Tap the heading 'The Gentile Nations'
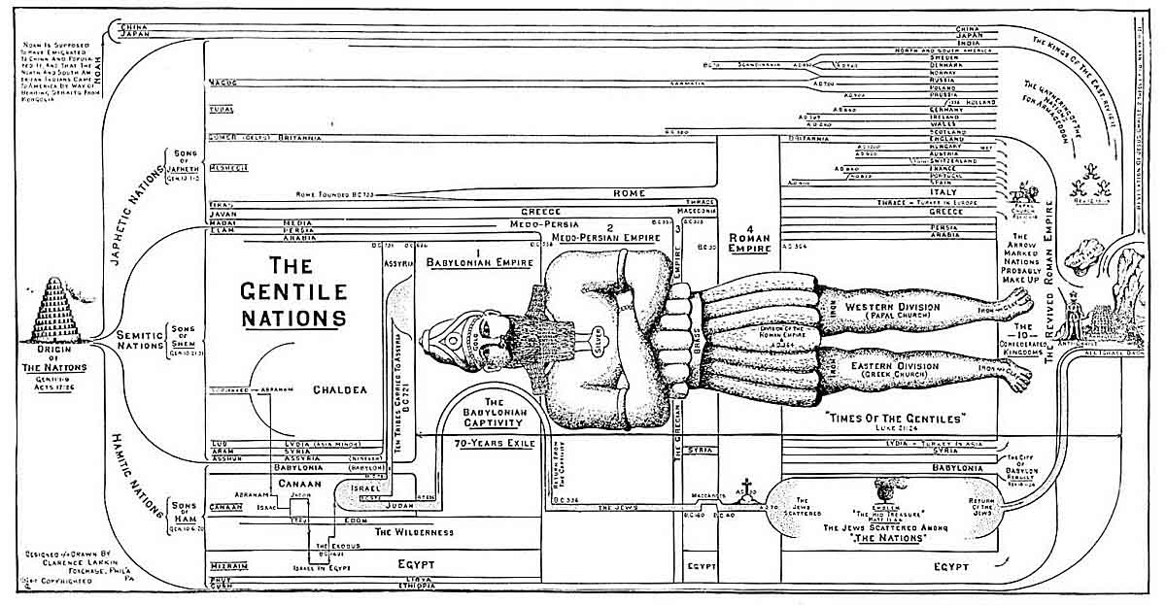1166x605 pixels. (x=292, y=290)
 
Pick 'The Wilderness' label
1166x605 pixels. (x=414, y=532)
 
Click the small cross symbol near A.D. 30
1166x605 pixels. (x=747, y=487)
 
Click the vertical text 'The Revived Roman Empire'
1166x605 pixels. (x=1050, y=282)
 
